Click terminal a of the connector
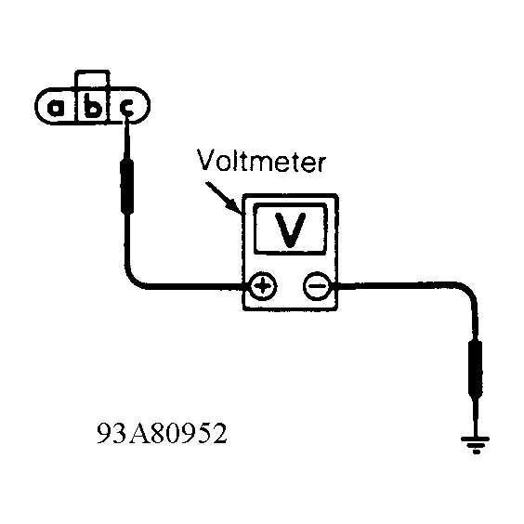pyautogui.click(x=56, y=108)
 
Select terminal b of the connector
pyautogui.click(x=93, y=106)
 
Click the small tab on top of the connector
pyautogui.click(x=92, y=79)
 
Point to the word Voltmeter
pyautogui.click(x=261, y=160)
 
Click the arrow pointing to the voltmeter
pyautogui.click(x=223, y=198)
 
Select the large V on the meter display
pyautogui.click(x=290, y=229)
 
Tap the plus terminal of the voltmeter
pyautogui.click(x=263, y=286)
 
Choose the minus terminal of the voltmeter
pyautogui.click(x=317, y=286)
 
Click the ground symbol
pyautogui.click(x=475, y=444)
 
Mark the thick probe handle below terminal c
pyautogui.click(x=127, y=187)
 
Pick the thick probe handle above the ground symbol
pyautogui.click(x=476, y=367)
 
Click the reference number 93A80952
pyautogui.click(x=162, y=433)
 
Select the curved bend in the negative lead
pyautogui.click(x=468, y=290)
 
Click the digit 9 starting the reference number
pyautogui.click(x=104, y=433)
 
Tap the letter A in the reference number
pyautogui.click(x=138, y=433)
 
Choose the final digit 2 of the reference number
pyautogui.click(x=219, y=433)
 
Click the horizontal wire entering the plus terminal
pyautogui.click(x=197, y=287)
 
